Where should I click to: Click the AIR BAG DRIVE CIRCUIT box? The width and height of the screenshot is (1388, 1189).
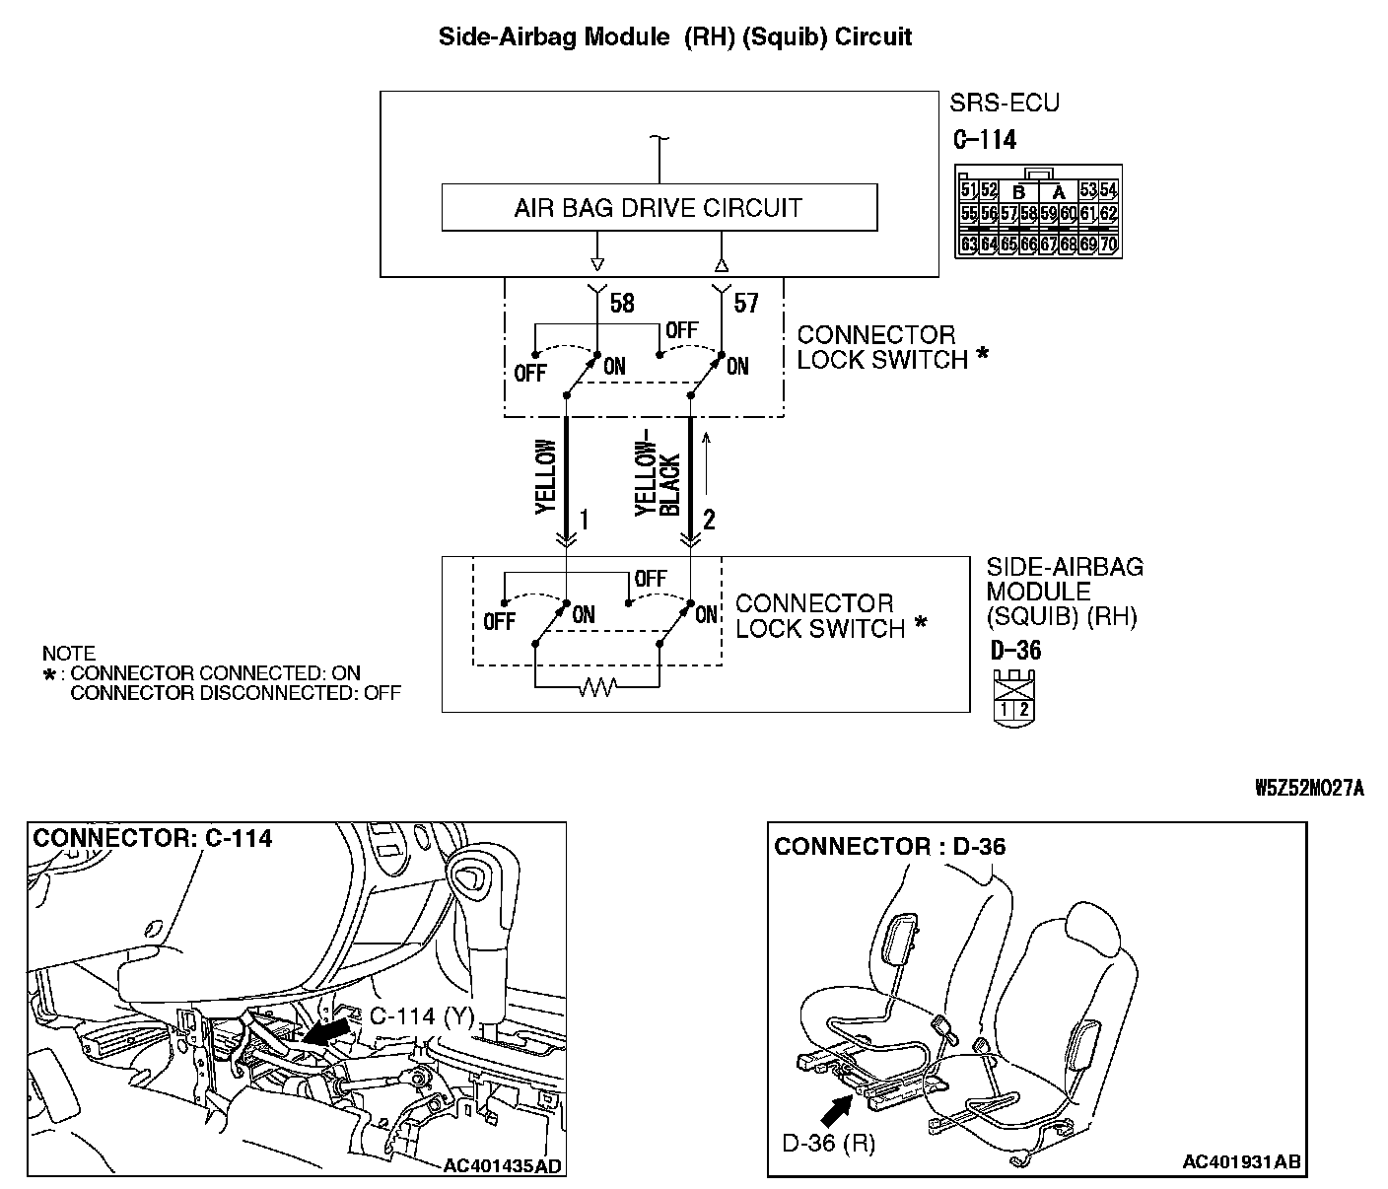[x=659, y=208]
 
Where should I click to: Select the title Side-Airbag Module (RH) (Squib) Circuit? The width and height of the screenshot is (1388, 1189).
[x=675, y=37]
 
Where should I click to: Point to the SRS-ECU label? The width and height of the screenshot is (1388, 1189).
[x=1005, y=103]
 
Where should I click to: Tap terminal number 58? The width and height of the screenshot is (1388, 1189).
[x=622, y=303]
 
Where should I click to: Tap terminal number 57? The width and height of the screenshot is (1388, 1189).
[x=746, y=303]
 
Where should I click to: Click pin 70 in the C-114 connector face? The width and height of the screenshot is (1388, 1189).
[x=1109, y=243]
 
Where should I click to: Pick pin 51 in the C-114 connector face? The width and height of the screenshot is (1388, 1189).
[x=968, y=190]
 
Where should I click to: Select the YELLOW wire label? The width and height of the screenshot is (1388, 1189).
[x=546, y=476]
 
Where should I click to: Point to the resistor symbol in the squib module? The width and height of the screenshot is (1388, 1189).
[x=596, y=687]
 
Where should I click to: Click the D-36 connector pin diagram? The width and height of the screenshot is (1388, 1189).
[x=1014, y=699]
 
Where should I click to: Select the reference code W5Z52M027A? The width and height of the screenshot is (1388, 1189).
[x=1309, y=788]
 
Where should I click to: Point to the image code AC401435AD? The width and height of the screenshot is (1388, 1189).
[x=502, y=1166]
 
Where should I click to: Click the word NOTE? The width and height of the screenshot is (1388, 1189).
[x=69, y=654]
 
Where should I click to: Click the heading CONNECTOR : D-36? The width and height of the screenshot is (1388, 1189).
[x=890, y=847]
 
